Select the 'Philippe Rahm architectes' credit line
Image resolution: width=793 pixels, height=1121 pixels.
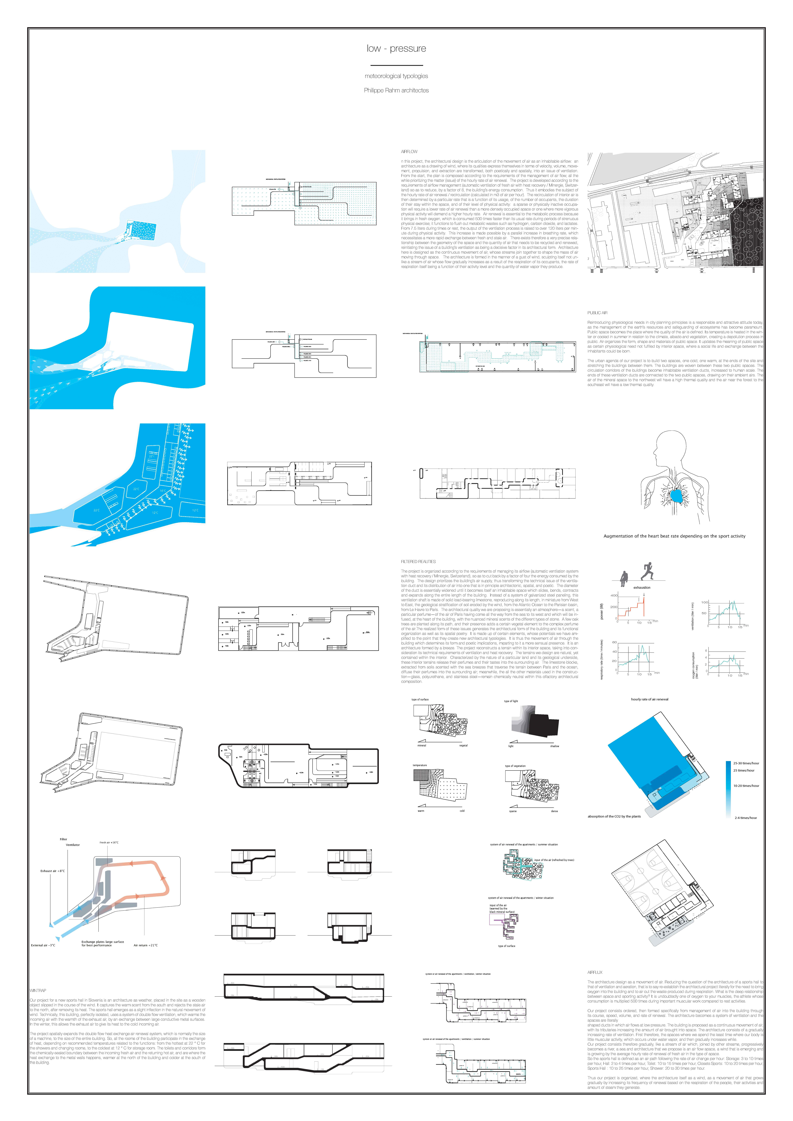pos(396,90)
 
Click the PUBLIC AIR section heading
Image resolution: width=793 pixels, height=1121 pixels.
pos(597,312)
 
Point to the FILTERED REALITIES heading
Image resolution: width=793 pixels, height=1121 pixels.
pos(418,562)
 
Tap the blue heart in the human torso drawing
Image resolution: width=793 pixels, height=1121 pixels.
pos(677,496)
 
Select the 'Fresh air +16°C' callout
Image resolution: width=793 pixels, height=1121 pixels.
pos(109,842)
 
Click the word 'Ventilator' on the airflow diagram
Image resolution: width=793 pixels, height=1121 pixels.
pos(73,845)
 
